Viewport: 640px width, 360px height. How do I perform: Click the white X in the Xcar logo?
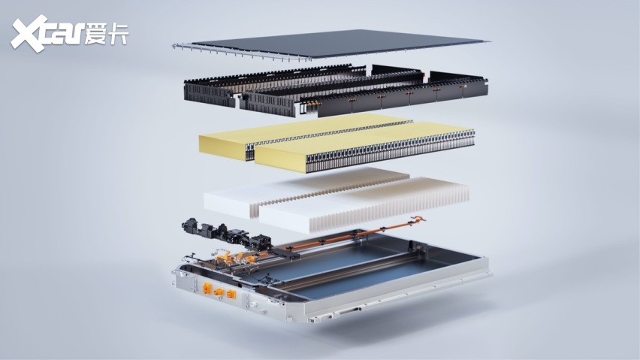pyautogui.click(x=29, y=34)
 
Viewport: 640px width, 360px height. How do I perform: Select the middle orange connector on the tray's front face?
pyautogui.click(x=219, y=292)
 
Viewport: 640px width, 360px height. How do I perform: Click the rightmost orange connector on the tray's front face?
pyautogui.click(x=231, y=294)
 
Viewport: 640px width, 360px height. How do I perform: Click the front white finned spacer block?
pyautogui.click(x=364, y=206)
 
